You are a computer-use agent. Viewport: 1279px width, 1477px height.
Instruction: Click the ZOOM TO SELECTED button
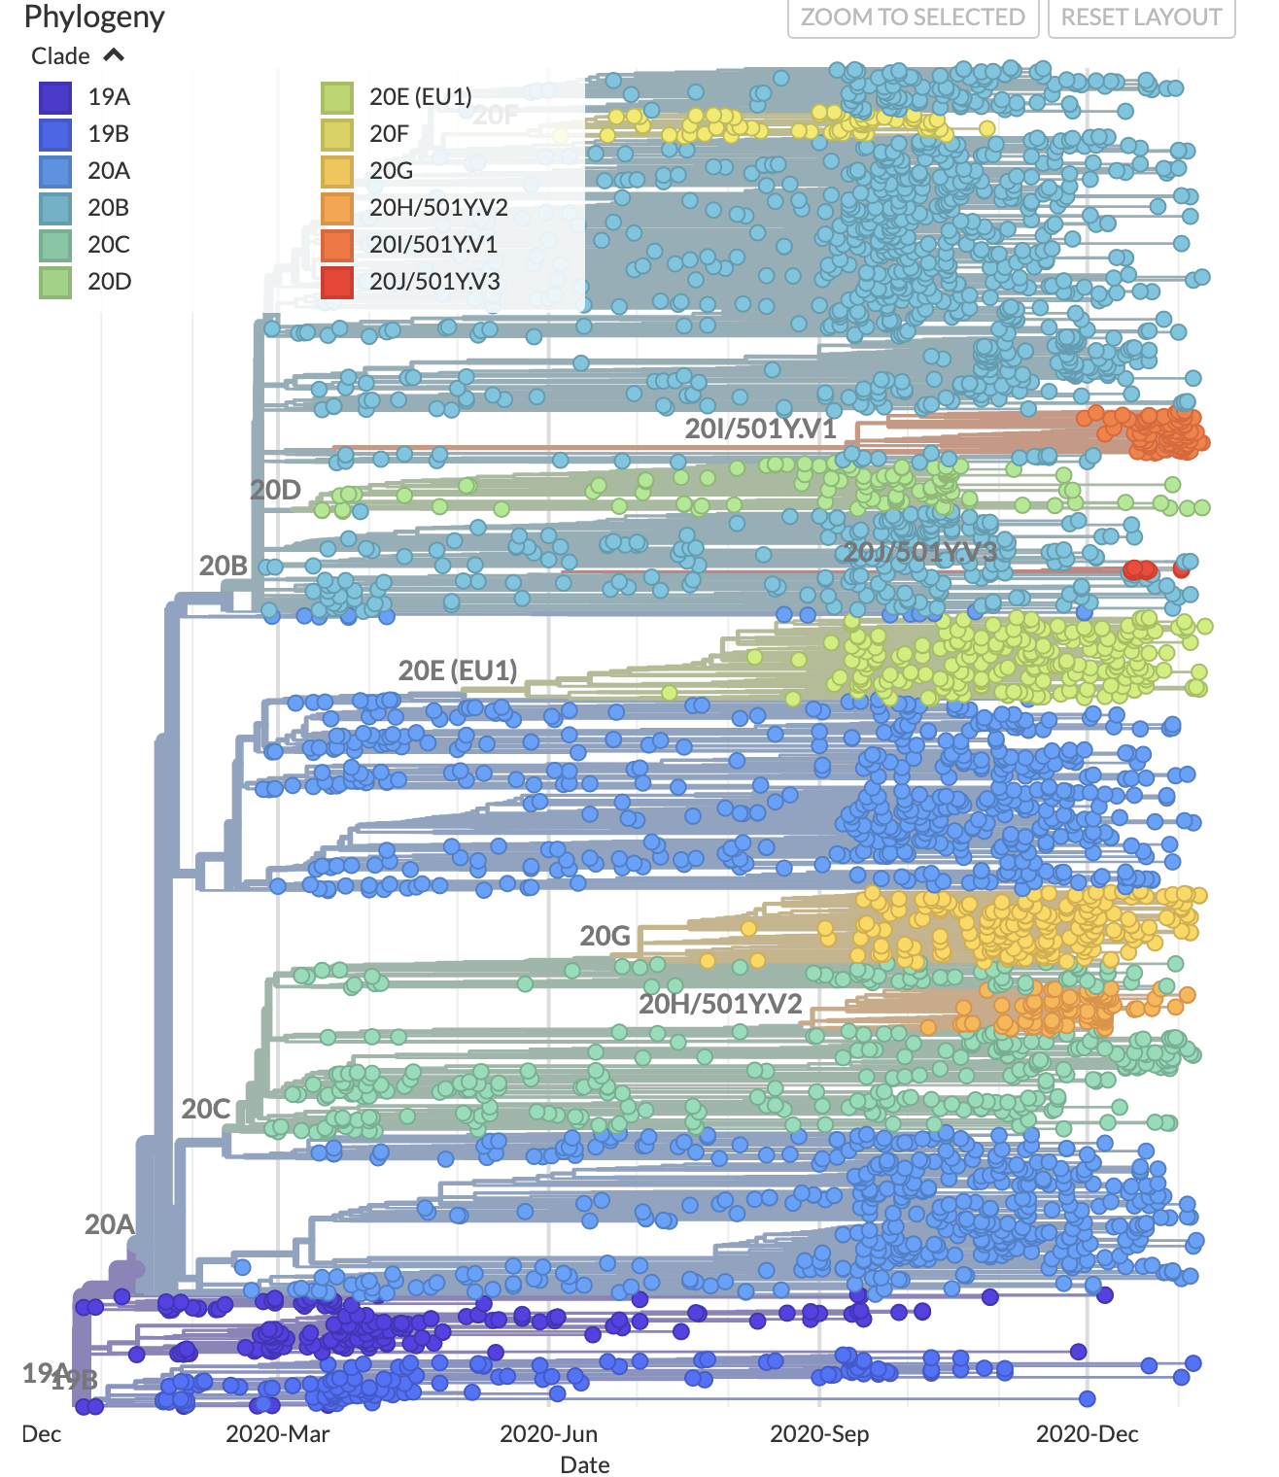[913, 17]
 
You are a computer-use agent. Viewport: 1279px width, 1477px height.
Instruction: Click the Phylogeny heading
[94, 17]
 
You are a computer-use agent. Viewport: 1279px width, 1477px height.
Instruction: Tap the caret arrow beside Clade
[114, 55]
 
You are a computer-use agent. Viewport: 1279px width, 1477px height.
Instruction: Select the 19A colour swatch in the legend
[55, 97]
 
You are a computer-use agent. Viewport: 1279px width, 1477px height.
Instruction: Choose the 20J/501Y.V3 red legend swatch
[337, 282]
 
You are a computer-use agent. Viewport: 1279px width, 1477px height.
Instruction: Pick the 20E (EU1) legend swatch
[337, 97]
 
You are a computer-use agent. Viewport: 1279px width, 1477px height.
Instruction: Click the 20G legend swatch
[337, 171]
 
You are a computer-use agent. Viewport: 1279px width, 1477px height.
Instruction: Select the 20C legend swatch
[55, 245]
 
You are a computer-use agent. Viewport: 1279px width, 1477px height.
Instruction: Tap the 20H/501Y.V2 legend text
[438, 208]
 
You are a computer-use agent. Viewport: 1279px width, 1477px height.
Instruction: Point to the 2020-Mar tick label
[278, 1434]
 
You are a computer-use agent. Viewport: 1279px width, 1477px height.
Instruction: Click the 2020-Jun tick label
[548, 1434]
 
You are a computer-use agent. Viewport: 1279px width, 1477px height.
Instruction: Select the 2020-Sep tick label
[819, 1434]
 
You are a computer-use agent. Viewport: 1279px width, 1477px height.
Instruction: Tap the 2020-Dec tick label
[1087, 1434]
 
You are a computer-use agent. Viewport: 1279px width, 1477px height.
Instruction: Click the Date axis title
[585, 1464]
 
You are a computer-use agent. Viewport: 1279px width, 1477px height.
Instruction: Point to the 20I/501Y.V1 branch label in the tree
[760, 429]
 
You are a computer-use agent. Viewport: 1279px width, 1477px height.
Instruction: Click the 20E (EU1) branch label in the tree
[458, 670]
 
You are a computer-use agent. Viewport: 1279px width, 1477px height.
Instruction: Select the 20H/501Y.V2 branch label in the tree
[720, 1004]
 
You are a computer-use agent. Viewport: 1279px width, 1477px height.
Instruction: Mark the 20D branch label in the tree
[276, 490]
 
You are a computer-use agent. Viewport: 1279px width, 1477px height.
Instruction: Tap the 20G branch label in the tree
[605, 936]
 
